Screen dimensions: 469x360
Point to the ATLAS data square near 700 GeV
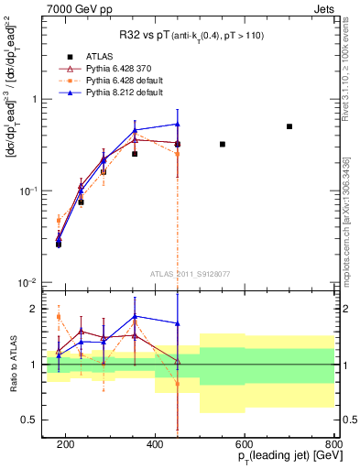pos(289,126)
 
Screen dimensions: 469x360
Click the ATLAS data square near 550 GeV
pos(223,144)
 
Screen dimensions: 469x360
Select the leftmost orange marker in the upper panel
pos(59,220)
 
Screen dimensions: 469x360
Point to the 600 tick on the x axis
pos(245,444)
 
